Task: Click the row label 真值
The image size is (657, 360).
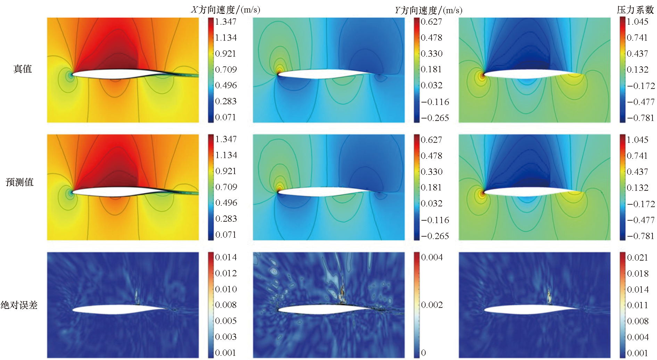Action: pos(23,69)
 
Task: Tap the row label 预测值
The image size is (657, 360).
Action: pos(20,182)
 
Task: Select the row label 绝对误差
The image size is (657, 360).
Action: pos(19,305)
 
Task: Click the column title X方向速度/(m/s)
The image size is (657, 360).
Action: pos(225,10)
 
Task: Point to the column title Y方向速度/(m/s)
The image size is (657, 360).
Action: pos(428,10)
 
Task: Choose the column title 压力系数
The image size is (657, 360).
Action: pos(635,10)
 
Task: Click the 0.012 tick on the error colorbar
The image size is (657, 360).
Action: pos(226,273)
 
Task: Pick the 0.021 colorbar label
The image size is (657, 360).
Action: pos(638,257)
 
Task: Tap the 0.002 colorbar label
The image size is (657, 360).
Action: pos(432,305)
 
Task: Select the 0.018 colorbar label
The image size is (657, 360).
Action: pos(638,273)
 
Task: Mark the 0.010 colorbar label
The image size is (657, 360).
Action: pos(226,289)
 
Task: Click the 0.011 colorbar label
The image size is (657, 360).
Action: pos(638,305)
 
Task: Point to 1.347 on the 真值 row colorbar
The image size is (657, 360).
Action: pos(225,22)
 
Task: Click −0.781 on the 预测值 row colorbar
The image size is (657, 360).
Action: pos(640,236)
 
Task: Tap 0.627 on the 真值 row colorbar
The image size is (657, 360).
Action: pos(431,22)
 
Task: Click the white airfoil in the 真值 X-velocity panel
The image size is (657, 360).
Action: pos(115,73)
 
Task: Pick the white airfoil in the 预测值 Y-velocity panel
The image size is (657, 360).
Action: pos(320,191)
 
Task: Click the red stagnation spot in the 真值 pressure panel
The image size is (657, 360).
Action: pos(482,75)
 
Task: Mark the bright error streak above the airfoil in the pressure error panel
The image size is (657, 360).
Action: pos(549,296)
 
